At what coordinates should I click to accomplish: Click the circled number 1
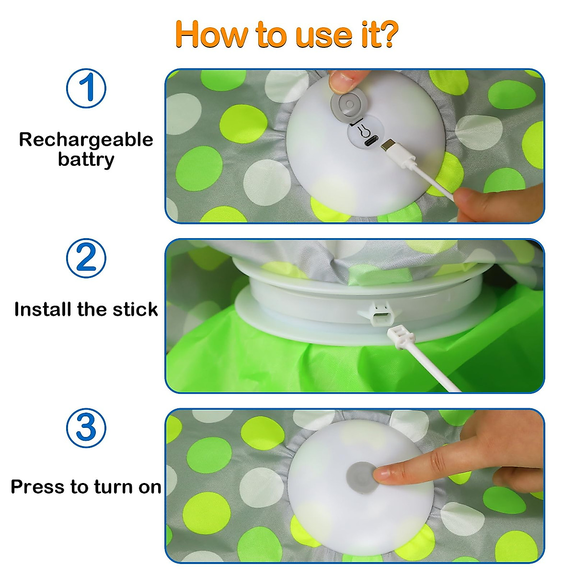click(86, 89)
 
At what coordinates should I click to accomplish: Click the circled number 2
click(86, 258)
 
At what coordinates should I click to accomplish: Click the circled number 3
click(86, 428)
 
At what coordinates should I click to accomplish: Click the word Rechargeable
click(86, 139)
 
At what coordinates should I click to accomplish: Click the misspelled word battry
click(86, 160)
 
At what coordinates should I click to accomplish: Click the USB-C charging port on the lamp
click(371, 142)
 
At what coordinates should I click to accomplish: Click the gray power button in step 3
click(360, 475)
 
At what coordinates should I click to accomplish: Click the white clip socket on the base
click(379, 316)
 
